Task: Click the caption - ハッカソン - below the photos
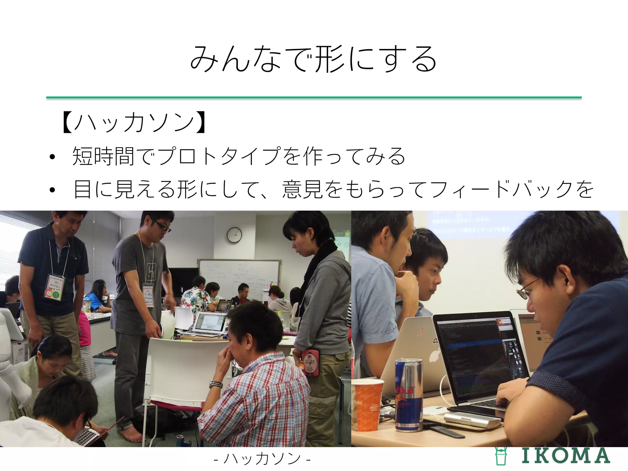coord(262,459)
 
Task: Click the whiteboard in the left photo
coord(239,276)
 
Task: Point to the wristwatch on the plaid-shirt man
coord(216,384)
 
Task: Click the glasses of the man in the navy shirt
coord(528,289)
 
